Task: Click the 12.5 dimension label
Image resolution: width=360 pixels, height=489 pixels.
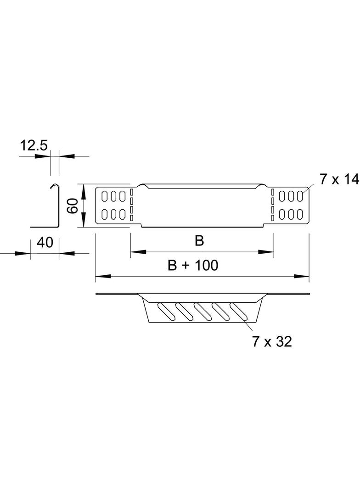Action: (34, 146)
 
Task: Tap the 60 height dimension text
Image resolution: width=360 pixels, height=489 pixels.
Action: (73, 206)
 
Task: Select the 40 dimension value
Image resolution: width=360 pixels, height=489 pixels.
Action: (45, 243)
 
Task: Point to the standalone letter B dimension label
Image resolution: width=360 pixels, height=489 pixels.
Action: (199, 241)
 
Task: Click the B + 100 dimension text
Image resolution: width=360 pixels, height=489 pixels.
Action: (193, 266)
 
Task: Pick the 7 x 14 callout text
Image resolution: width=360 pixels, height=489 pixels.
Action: (339, 179)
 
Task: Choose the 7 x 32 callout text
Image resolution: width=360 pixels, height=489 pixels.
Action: (272, 342)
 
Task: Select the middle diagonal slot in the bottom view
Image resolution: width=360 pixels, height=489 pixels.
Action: (202, 311)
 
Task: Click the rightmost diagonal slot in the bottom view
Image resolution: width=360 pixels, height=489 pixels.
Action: (238, 311)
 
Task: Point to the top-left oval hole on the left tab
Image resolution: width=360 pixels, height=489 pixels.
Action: (105, 196)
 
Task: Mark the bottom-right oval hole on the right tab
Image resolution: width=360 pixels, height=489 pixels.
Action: (300, 214)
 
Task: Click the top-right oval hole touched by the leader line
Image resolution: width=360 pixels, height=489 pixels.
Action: (300, 196)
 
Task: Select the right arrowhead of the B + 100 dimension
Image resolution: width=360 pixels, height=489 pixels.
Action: (301, 276)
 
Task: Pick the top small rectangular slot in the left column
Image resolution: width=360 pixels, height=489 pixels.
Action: (132, 191)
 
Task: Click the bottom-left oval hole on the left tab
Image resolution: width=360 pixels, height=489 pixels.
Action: (105, 214)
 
